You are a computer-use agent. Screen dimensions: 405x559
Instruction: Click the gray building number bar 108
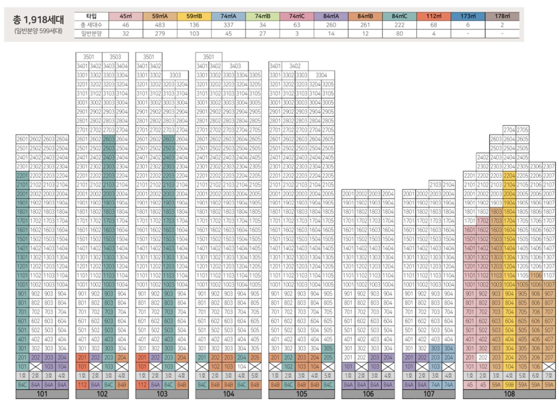510,394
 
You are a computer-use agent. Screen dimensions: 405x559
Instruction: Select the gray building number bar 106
368,394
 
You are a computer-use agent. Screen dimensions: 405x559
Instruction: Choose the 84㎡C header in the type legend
399,16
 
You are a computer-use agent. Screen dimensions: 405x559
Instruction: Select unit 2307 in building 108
550,166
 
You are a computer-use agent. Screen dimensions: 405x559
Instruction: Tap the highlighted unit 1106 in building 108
536,276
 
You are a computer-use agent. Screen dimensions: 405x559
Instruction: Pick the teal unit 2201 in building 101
22,175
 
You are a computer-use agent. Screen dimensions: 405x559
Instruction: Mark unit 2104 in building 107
448,184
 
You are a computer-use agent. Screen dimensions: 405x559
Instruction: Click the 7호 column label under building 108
550,376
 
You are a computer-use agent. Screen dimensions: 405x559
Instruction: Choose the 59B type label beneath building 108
509,384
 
